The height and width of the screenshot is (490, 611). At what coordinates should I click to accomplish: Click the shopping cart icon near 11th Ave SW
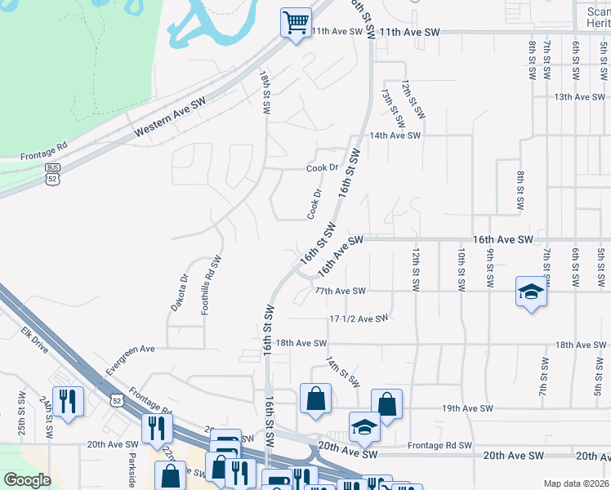pyautogui.click(x=296, y=21)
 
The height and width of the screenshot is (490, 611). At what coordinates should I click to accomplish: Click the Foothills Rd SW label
pyautogui.click(x=218, y=281)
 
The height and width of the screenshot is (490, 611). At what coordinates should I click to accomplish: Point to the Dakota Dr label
pyautogui.click(x=179, y=292)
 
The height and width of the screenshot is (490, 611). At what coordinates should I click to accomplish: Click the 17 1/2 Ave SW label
pyautogui.click(x=359, y=318)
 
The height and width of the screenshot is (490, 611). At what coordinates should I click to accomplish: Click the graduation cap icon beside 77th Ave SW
pyautogui.click(x=530, y=292)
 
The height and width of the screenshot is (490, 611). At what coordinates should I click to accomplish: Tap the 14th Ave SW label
pyautogui.click(x=395, y=136)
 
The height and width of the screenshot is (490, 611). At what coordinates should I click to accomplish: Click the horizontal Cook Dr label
pyautogui.click(x=323, y=167)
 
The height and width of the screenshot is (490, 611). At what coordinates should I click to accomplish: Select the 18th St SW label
pyautogui.click(x=265, y=91)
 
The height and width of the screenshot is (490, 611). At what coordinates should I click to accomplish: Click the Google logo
pyautogui.click(x=27, y=480)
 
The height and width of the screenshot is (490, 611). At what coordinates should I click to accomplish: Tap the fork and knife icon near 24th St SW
pyautogui.click(x=68, y=401)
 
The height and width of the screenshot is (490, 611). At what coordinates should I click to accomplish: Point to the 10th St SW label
pyautogui.click(x=461, y=269)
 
